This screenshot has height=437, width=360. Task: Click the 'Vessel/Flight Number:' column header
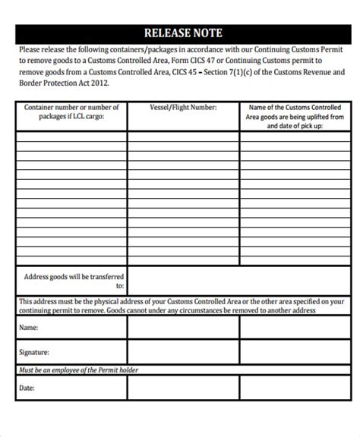pyautogui.click(x=183, y=108)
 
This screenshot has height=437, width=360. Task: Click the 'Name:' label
pyautogui.click(x=29, y=328)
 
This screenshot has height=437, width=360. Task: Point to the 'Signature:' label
pyautogui.click(x=35, y=352)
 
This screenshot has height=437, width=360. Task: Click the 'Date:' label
pyautogui.click(x=27, y=388)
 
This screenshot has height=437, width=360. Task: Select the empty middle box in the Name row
pyautogui.click(x=182, y=328)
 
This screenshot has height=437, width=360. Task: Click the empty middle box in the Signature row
pyautogui.click(x=182, y=352)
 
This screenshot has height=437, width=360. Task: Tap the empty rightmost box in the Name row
pyautogui.click(x=295, y=328)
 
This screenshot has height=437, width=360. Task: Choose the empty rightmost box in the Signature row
pyautogui.click(x=295, y=352)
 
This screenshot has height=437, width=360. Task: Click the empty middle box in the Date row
pyautogui.click(x=182, y=388)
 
